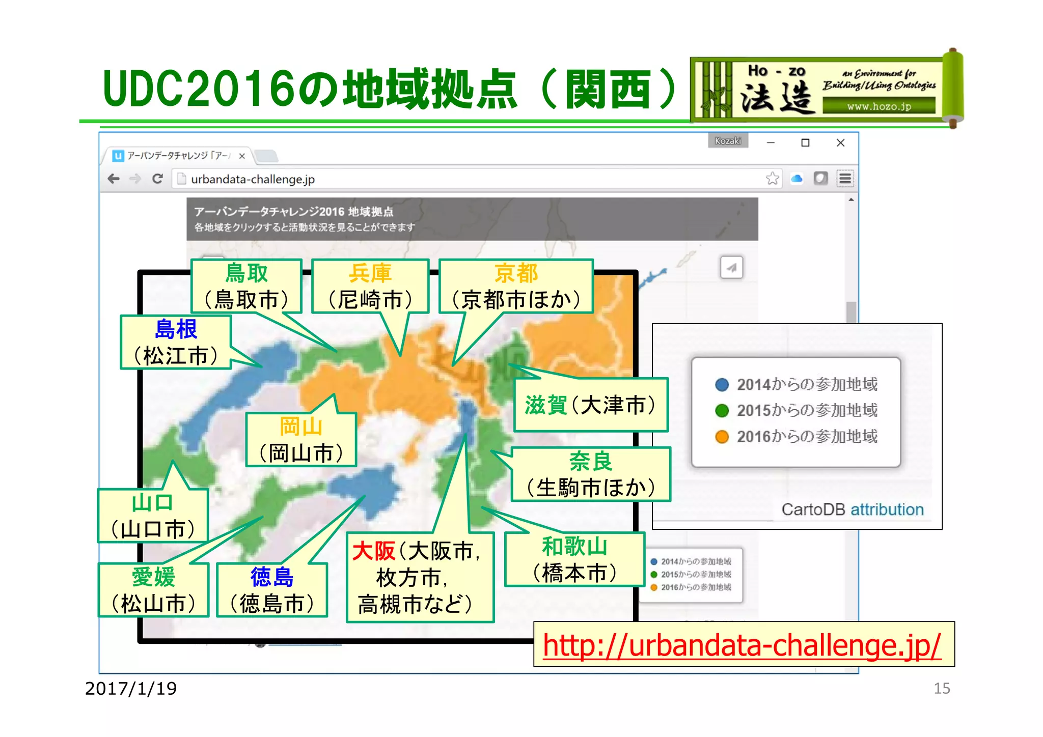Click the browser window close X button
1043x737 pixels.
[840, 143]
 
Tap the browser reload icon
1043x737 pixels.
[157, 179]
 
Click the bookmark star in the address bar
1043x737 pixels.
[772, 178]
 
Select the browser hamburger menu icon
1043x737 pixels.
[845, 179]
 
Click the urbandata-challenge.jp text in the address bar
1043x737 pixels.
[253, 179]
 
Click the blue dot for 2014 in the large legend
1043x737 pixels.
[722, 384]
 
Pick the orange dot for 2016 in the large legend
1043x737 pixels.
[722, 437]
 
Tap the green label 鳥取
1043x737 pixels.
[246, 273]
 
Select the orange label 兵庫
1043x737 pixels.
[370, 273]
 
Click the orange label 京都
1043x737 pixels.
[516, 273]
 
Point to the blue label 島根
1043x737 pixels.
[176, 329]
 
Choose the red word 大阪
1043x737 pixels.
[373, 551]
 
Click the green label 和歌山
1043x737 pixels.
[574, 547]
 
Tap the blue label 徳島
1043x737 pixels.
[272, 577]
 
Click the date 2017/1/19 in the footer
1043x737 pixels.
[131, 689]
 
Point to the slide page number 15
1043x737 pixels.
[942, 689]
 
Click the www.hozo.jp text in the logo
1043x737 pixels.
[879, 106]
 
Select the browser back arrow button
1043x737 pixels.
[114, 179]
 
